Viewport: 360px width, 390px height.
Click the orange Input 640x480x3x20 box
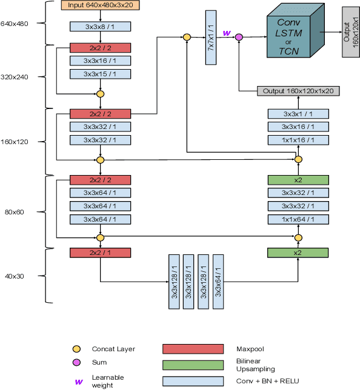(100, 5)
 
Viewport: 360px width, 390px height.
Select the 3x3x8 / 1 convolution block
(100, 27)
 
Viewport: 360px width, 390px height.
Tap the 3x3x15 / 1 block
(100, 74)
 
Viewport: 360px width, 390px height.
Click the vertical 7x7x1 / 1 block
(211, 37)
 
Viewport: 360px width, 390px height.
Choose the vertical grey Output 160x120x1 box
(350, 33)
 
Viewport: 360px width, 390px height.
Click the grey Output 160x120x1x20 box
(298, 91)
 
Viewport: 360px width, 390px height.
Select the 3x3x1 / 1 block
(298, 114)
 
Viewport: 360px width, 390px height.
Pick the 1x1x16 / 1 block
(298, 140)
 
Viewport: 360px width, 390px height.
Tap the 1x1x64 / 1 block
(298, 219)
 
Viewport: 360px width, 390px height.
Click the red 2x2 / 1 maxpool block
(100, 252)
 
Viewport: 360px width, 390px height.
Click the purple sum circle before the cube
(239, 38)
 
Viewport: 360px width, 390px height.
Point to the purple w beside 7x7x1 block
(227, 33)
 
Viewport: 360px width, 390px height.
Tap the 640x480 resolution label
(15, 24)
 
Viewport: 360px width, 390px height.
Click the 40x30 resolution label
(15, 276)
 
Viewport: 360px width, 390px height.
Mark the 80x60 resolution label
(15, 213)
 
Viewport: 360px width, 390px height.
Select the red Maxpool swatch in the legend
(193, 349)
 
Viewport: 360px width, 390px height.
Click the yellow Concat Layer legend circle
(77, 349)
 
